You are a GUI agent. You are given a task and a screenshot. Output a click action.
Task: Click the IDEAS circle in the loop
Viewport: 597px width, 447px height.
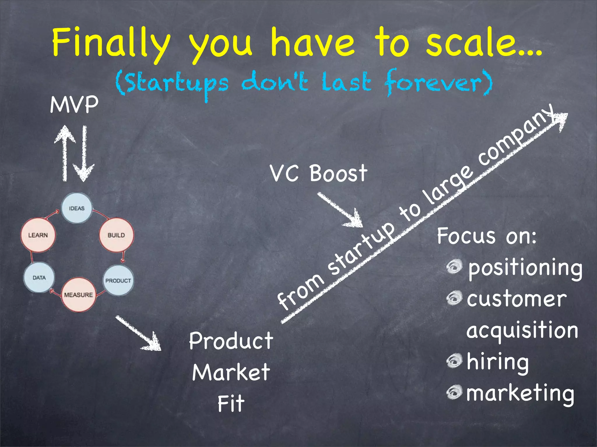point(77,208)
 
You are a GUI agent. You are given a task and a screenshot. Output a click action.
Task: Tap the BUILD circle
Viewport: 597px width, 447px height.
point(116,235)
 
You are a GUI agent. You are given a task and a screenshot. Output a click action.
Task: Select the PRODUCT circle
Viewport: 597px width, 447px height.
point(118,281)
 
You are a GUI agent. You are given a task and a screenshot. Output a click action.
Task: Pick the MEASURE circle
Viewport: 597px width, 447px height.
point(78,295)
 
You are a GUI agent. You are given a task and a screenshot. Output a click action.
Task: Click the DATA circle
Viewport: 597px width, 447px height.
point(39,277)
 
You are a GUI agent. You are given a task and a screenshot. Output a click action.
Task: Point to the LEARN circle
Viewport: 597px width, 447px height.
point(38,235)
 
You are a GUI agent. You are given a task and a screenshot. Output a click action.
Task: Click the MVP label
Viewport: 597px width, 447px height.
point(74,105)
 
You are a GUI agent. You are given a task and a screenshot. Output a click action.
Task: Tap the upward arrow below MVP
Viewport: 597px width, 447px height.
point(65,151)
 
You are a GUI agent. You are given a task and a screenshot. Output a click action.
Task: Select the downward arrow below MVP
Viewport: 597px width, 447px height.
point(84,154)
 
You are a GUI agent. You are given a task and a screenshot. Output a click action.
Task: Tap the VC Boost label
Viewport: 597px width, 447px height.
point(318,173)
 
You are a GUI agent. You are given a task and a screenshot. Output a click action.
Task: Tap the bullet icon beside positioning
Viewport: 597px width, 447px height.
point(454,266)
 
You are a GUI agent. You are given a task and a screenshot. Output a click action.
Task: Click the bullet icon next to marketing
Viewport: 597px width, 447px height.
point(454,392)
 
